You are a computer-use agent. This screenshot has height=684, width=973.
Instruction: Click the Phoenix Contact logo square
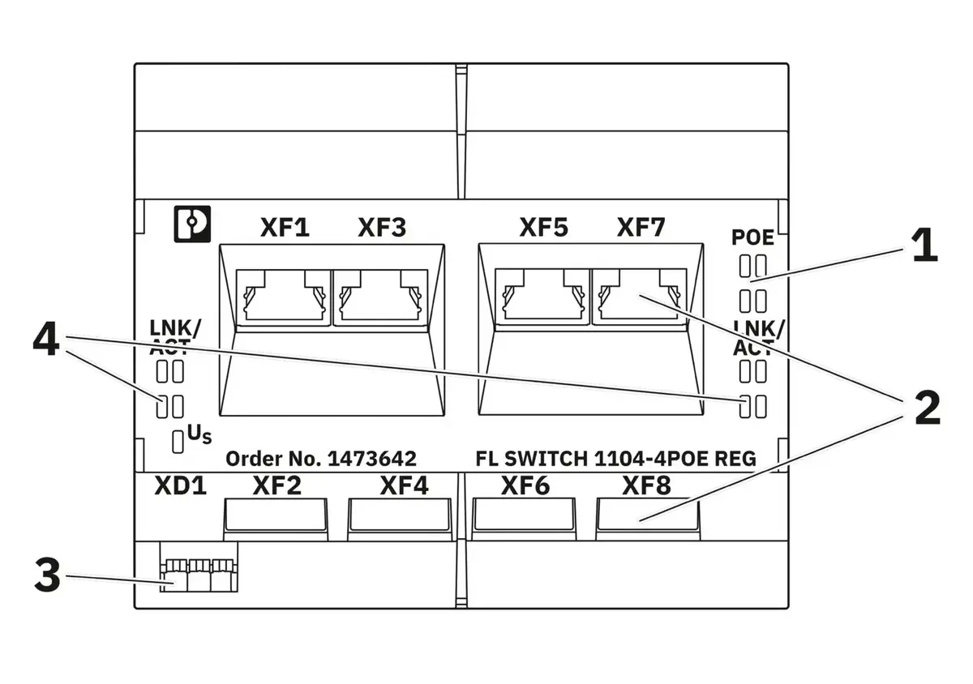click(x=192, y=224)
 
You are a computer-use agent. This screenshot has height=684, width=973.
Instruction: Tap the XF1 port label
click(x=285, y=227)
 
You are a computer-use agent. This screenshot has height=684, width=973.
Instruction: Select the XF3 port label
click(x=382, y=227)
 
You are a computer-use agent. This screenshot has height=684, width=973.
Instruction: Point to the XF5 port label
click(x=544, y=227)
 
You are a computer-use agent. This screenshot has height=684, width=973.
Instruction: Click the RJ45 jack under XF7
click(x=640, y=297)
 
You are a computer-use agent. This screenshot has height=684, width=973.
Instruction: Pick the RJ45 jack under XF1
click(x=284, y=297)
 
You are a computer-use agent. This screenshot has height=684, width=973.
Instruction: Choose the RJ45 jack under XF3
click(x=380, y=297)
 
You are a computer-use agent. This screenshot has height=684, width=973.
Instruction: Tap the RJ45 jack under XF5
click(x=542, y=297)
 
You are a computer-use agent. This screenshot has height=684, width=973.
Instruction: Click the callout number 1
click(x=924, y=246)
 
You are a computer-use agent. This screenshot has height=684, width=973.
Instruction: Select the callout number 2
click(x=928, y=408)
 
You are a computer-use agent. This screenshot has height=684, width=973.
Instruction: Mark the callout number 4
click(x=45, y=339)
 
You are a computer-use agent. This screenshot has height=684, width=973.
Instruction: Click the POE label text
click(x=752, y=237)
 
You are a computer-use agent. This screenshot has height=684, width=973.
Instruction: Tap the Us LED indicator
click(x=178, y=442)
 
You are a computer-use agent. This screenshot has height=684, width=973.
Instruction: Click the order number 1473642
click(x=372, y=459)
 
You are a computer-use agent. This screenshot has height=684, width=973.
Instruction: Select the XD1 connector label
click(x=180, y=486)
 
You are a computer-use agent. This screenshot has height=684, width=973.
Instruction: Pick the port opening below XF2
click(x=276, y=515)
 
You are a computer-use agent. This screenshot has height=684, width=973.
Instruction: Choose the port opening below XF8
click(x=648, y=515)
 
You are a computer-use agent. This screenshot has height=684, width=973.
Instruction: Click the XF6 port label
click(x=525, y=486)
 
